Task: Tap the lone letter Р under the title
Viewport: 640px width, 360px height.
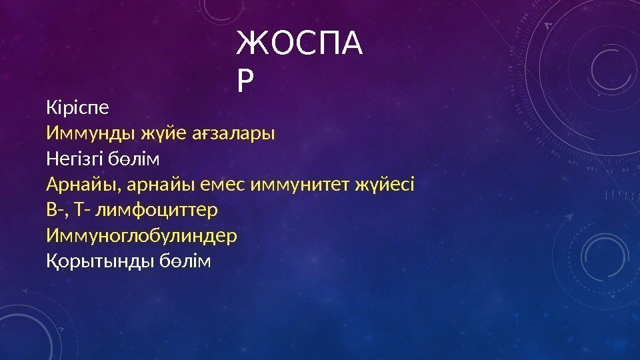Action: tap(246, 83)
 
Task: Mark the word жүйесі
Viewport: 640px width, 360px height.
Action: tap(386, 184)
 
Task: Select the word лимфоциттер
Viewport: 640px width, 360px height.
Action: tap(157, 210)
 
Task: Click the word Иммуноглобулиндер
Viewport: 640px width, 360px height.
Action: tap(141, 236)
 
